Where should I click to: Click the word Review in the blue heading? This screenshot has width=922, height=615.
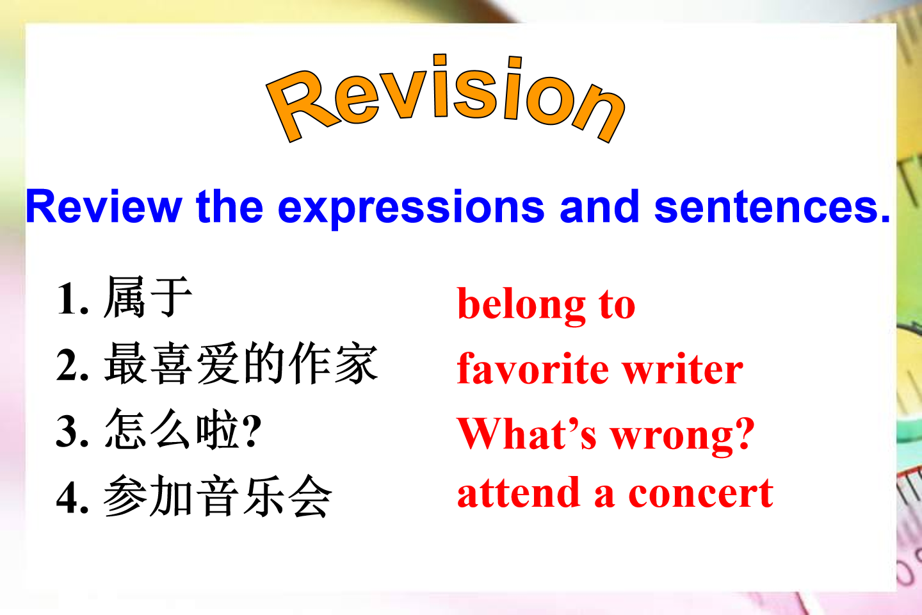(x=104, y=207)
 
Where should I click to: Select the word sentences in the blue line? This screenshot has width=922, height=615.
(x=772, y=208)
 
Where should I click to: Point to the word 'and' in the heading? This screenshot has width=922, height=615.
(x=599, y=206)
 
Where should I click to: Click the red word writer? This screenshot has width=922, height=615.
(x=683, y=368)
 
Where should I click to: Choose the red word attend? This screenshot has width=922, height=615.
(x=519, y=493)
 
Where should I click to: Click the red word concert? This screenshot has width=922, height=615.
(x=700, y=493)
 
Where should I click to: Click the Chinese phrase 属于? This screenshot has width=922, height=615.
(x=148, y=297)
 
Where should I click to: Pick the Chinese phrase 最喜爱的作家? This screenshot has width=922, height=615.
(x=241, y=363)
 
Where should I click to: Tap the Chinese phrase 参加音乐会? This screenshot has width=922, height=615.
(x=218, y=496)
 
